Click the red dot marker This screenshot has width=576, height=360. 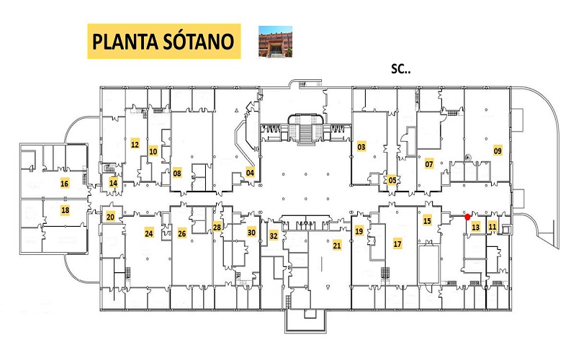467,217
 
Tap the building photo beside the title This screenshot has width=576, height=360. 276,42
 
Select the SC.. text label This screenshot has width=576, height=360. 401,68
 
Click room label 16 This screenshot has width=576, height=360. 64,184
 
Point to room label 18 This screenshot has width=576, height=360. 65,210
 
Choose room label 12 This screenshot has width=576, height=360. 135,145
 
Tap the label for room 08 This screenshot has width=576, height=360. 177,173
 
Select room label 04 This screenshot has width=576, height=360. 250,172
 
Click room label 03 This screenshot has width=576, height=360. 361,147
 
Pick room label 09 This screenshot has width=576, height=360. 498,150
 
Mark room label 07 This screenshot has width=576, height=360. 429,164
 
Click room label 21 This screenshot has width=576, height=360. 337,246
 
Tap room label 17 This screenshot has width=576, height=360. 397,243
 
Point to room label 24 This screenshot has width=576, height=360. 149,233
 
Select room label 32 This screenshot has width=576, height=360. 274,235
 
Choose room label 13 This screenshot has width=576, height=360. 476,227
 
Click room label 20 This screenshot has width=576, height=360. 110,217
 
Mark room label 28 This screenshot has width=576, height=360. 217,228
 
